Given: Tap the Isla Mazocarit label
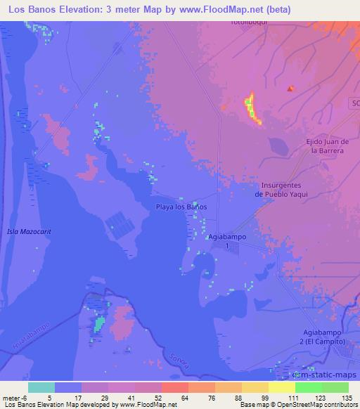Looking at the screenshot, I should (x=29, y=231).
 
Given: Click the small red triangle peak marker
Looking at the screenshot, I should (x=290, y=89).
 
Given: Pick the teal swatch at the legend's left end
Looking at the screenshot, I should (x=41, y=387).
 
